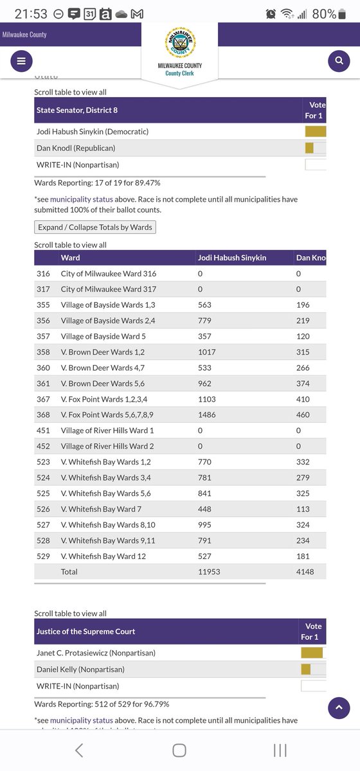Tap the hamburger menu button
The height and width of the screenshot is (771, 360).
pyautogui.click(x=21, y=61)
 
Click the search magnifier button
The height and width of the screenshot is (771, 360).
pyautogui.click(x=338, y=61)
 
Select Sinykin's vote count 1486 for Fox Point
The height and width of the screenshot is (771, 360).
pyautogui.click(x=208, y=414)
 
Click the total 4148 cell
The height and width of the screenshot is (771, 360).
pyautogui.click(x=305, y=571)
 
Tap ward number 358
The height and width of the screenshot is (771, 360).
pyautogui.click(x=43, y=352)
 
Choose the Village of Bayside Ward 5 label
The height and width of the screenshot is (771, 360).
pyautogui.click(x=103, y=336)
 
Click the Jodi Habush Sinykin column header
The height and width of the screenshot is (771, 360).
pyautogui.click(x=231, y=258)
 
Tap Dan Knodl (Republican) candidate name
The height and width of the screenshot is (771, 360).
pyautogui.click(x=76, y=148)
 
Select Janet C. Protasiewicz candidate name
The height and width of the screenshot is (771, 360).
pyautogui.click(x=96, y=653)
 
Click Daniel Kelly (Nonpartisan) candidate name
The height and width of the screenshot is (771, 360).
pyautogui.click(x=80, y=669)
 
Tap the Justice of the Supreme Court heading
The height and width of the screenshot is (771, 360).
pyautogui.click(x=86, y=631)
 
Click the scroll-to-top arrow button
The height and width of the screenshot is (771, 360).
pyautogui.click(x=339, y=708)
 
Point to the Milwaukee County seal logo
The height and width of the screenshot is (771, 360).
pyautogui.click(x=179, y=44)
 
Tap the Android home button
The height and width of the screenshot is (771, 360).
pyautogui.click(x=179, y=750)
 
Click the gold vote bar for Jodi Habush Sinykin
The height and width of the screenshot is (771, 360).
pyautogui.click(x=315, y=132)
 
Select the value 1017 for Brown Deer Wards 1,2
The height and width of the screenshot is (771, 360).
pyautogui.click(x=208, y=352)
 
